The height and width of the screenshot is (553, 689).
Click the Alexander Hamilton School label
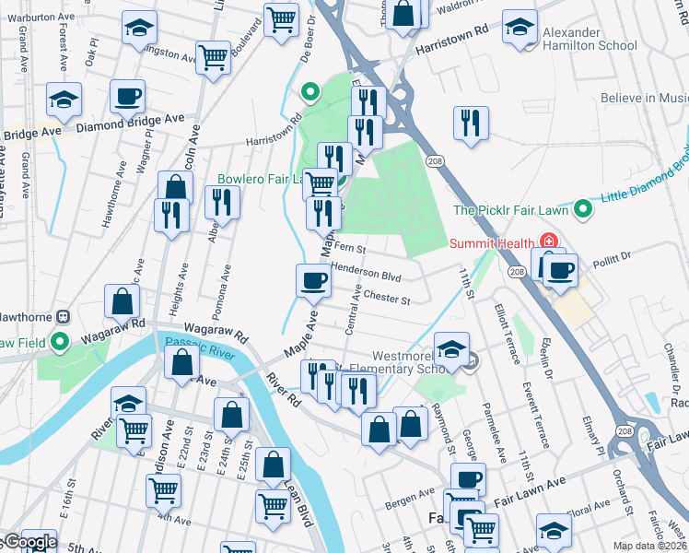(x=590, y=38)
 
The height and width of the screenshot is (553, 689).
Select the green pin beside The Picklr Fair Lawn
(x=581, y=209)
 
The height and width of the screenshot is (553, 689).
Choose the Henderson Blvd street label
(x=367, y=276)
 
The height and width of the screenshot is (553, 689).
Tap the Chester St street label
(x=386, y=298)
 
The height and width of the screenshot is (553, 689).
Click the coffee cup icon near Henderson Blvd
(x=313, y=279)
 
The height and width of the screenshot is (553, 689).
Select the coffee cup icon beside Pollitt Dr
(x=560, y=269)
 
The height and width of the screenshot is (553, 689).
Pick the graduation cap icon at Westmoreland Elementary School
(x=451, y=349)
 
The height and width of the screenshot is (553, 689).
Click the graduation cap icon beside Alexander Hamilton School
(x=520, y=27)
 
